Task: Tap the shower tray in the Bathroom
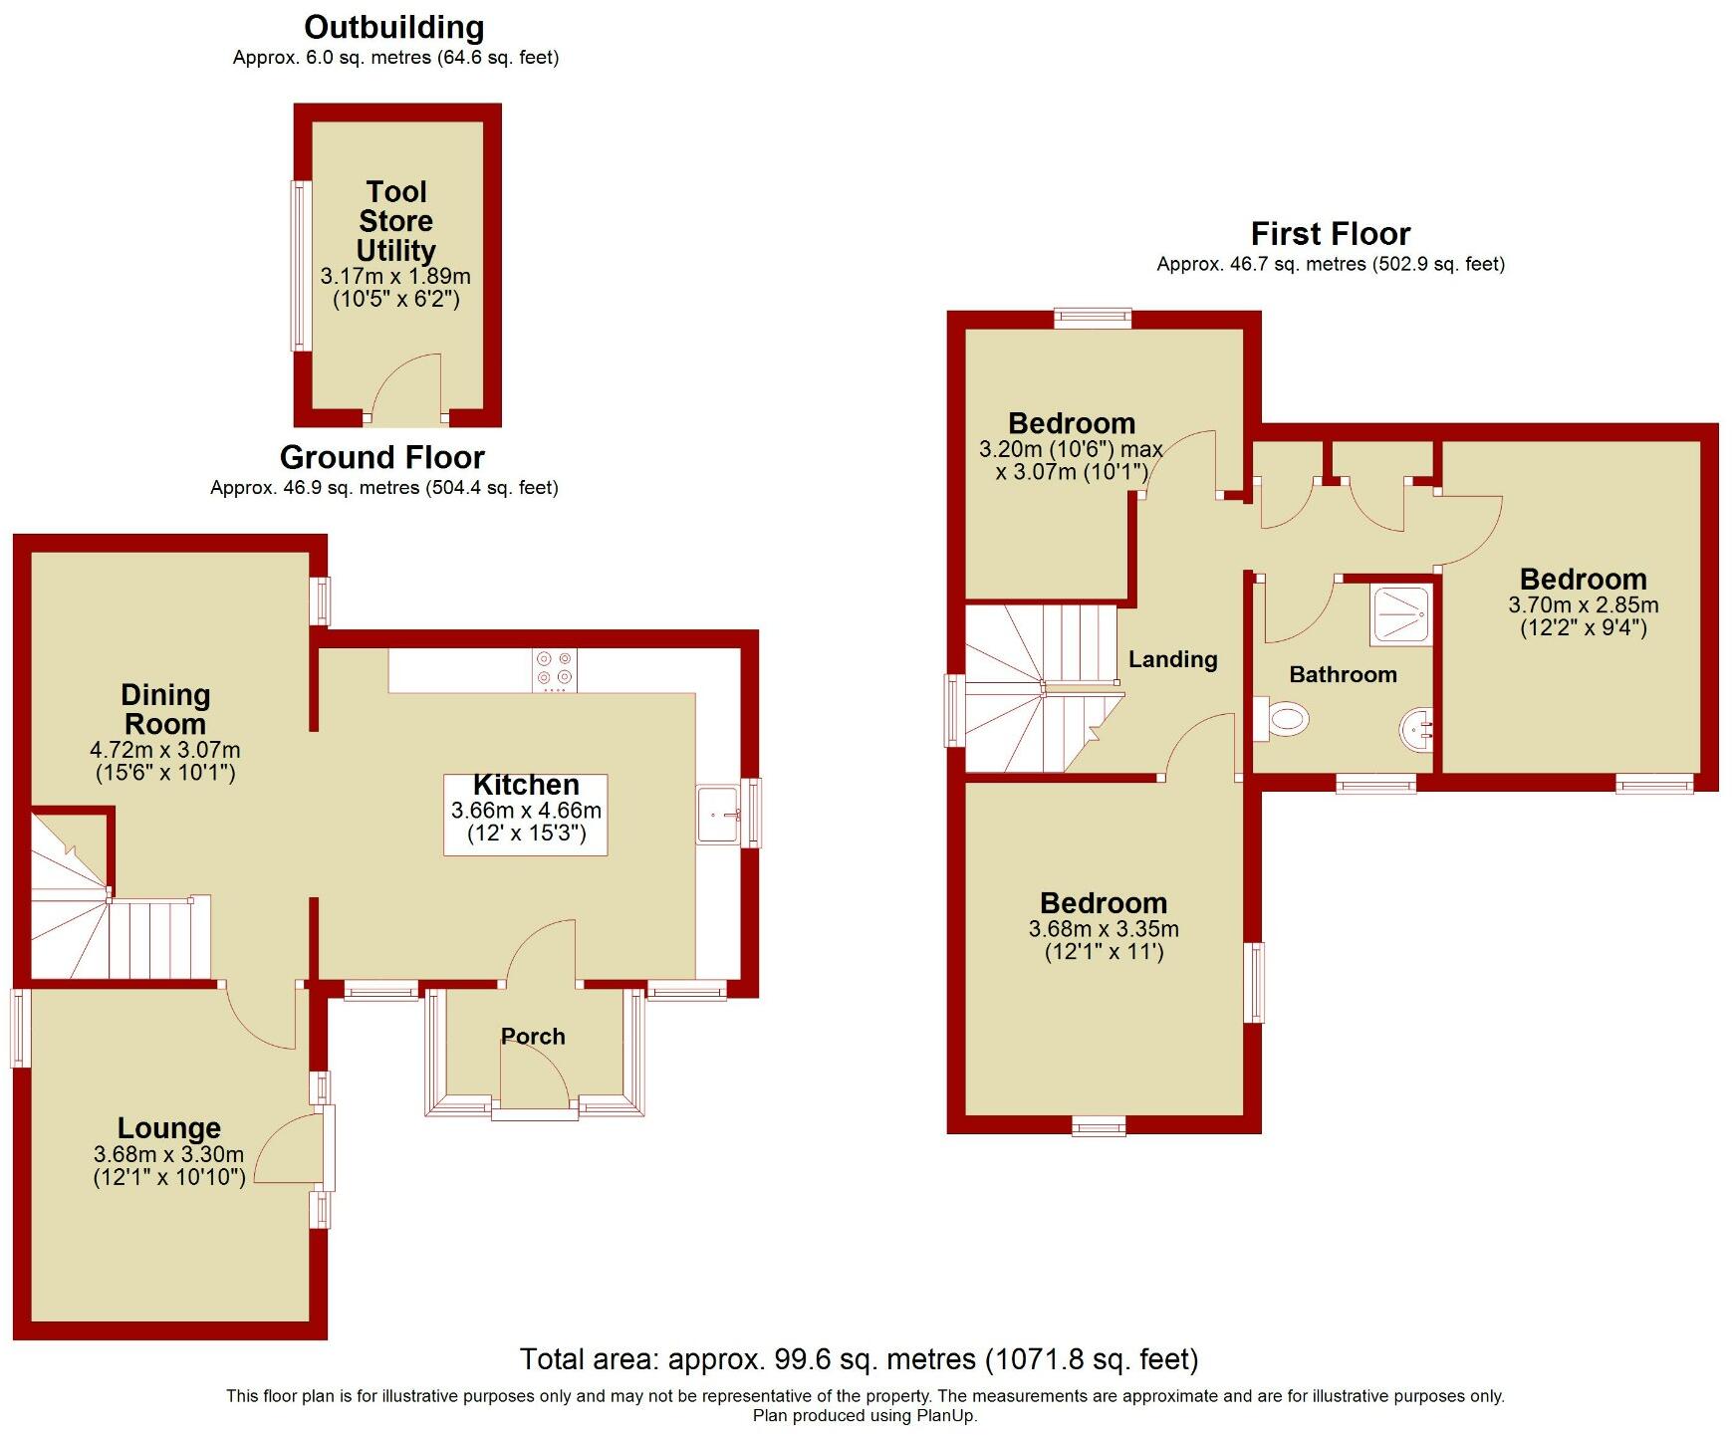click(1402, 616)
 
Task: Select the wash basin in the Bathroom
click(1416, 729)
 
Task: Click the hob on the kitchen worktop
click(555, 669)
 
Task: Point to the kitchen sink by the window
click(718, 815)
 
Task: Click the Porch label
click(533, 1037)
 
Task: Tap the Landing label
click(1172, 659)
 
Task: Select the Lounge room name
click(169, 1128)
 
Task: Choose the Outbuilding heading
click(394, 27)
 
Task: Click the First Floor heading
click(1330, 234)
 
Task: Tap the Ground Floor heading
click(382, 457)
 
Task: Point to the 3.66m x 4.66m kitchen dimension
click(526, 811)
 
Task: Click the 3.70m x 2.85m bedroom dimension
click(1583, 605)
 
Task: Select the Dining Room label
click(165, 709)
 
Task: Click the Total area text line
click(859, 1359)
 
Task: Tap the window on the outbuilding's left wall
click(299, 265)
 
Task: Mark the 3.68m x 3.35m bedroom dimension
click(1104, 929)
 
